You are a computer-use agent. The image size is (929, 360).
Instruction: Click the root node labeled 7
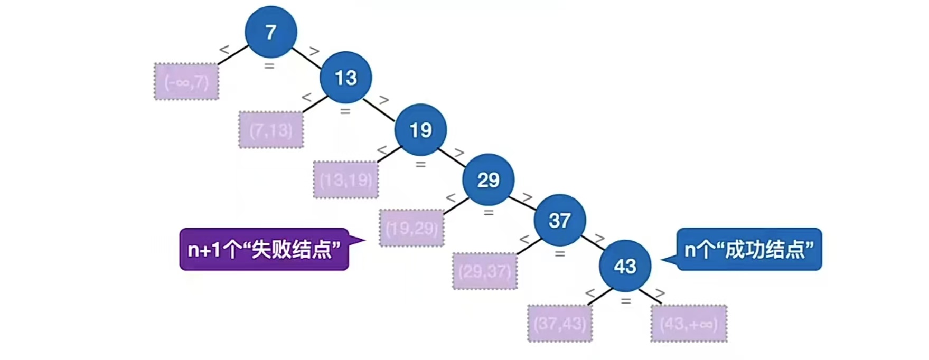[x=270, y=32]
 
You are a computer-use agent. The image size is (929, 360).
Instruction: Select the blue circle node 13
[x=345, y=78]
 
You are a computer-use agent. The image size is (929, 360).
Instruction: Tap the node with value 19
[x=420, y=130]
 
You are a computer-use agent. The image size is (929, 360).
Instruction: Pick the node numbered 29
[x=488, y=180]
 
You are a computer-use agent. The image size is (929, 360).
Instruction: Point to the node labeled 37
[x=559, y=220]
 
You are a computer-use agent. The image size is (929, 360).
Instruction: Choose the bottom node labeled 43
[x=625, y=266]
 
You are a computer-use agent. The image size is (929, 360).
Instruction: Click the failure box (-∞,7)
[x=186, y=82]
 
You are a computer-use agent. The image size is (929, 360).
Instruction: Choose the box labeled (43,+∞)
[x=689, y=323]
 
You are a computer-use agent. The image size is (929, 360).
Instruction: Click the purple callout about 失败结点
[x=264, y=249]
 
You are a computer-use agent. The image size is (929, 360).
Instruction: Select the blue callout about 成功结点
[x=749, y=249]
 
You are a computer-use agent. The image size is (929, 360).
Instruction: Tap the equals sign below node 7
[x=269, y=66]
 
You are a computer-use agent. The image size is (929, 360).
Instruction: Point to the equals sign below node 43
[x=626, y=301]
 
